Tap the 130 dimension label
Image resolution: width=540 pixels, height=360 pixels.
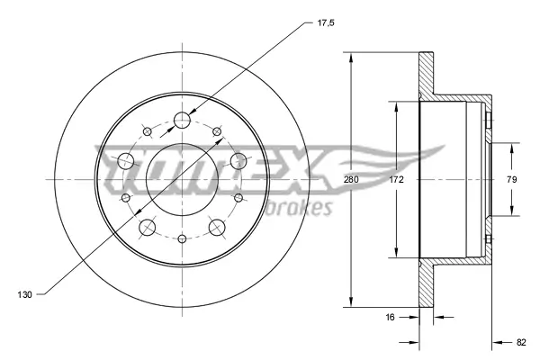point(26,293)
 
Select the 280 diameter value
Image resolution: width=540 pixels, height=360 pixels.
point(351,181)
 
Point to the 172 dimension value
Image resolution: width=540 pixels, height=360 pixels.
point(397,181)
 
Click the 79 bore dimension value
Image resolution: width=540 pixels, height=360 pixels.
point(512,181)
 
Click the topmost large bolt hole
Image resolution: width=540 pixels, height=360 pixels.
point(183,121)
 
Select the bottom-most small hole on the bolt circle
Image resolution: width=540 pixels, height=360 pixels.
point(183,238)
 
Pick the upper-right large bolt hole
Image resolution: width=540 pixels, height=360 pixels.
point(238,160)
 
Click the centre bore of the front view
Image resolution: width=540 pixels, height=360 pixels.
point(183,179)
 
